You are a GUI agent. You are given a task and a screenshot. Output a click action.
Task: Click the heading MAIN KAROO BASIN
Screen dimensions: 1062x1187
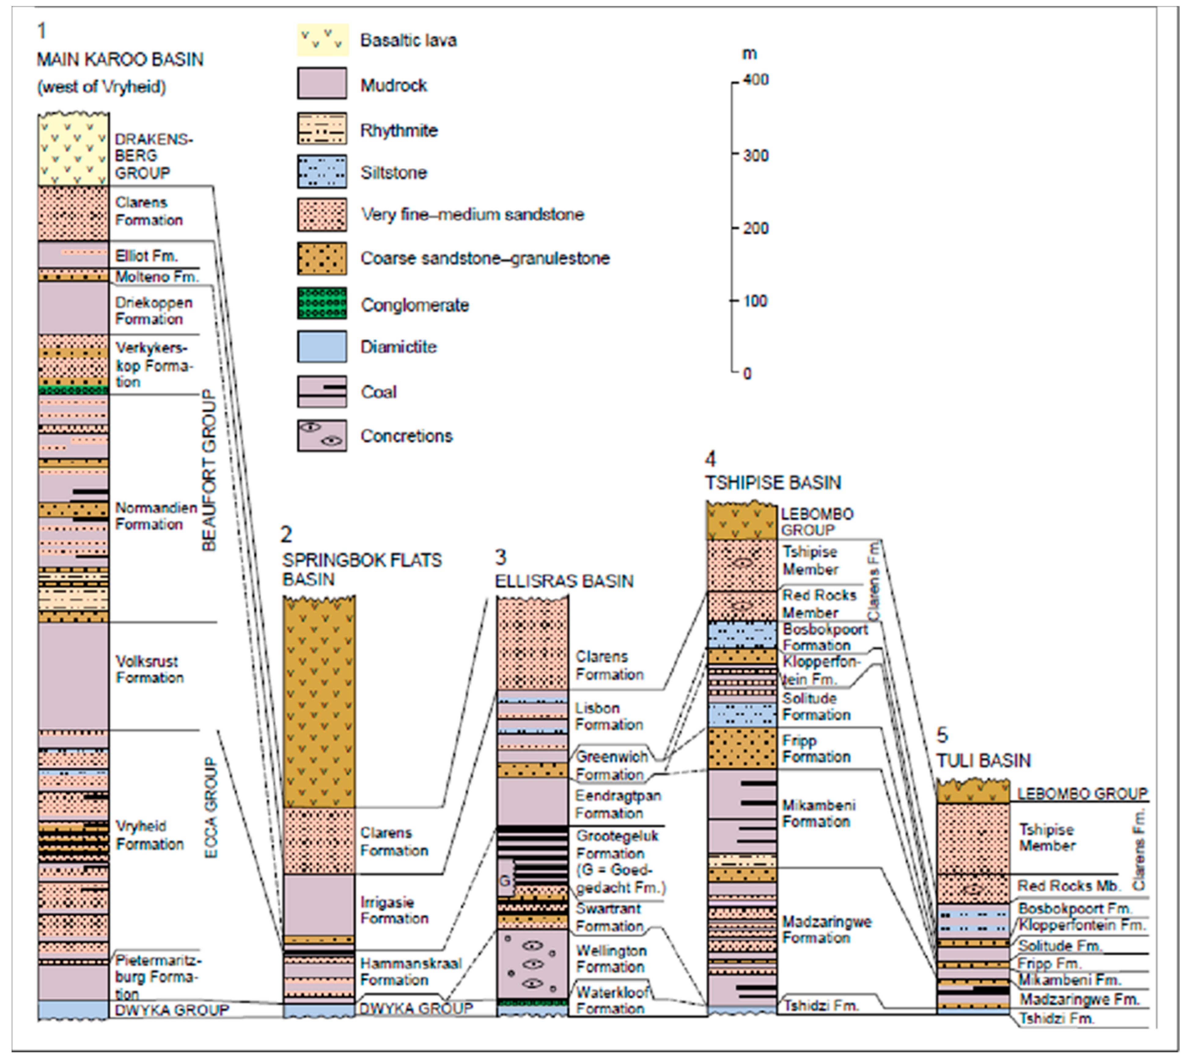(x=120, y=59)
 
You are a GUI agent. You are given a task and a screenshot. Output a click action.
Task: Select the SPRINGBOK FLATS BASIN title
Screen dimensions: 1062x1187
(x=362, y=569)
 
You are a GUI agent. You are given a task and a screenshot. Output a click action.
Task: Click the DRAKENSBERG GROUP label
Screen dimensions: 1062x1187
(x=153, y=156)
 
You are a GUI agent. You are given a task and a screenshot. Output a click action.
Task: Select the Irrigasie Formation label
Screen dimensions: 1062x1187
(x=394, y=910)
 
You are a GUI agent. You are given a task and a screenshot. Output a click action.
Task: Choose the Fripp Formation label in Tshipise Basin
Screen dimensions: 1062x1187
(x=816, y=749)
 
